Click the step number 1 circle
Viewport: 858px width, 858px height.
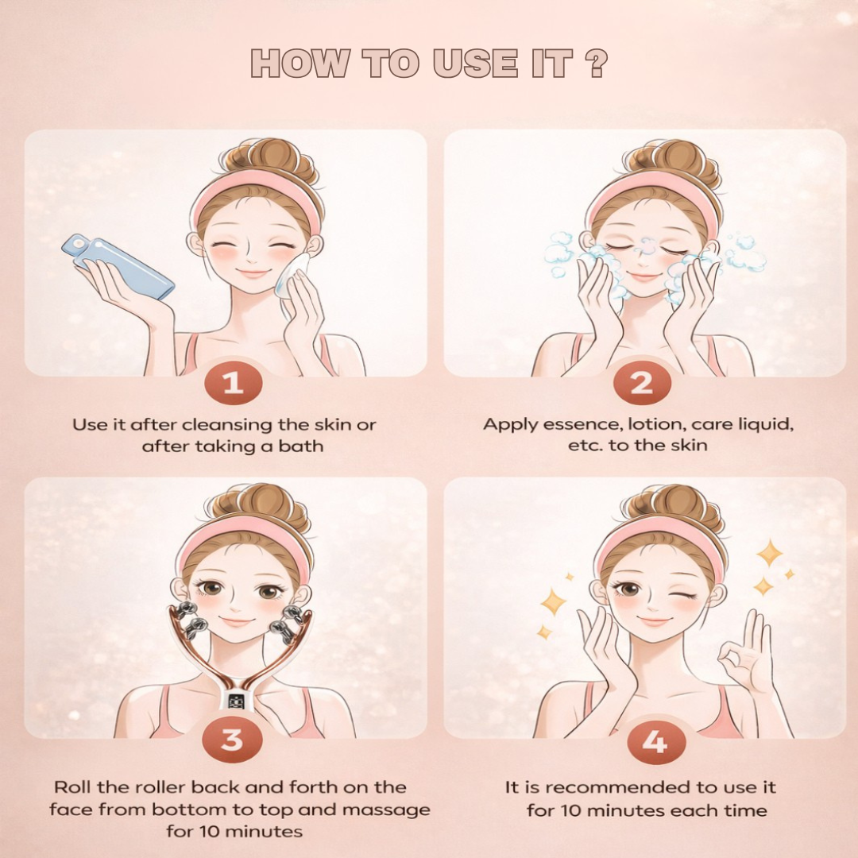pos(232,384)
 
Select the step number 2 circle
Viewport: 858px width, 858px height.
pos(641,384)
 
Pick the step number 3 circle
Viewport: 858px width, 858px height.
pos(232,740)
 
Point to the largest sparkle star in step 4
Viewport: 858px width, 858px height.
pos(769,553)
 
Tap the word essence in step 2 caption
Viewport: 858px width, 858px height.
pos(571,424)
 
